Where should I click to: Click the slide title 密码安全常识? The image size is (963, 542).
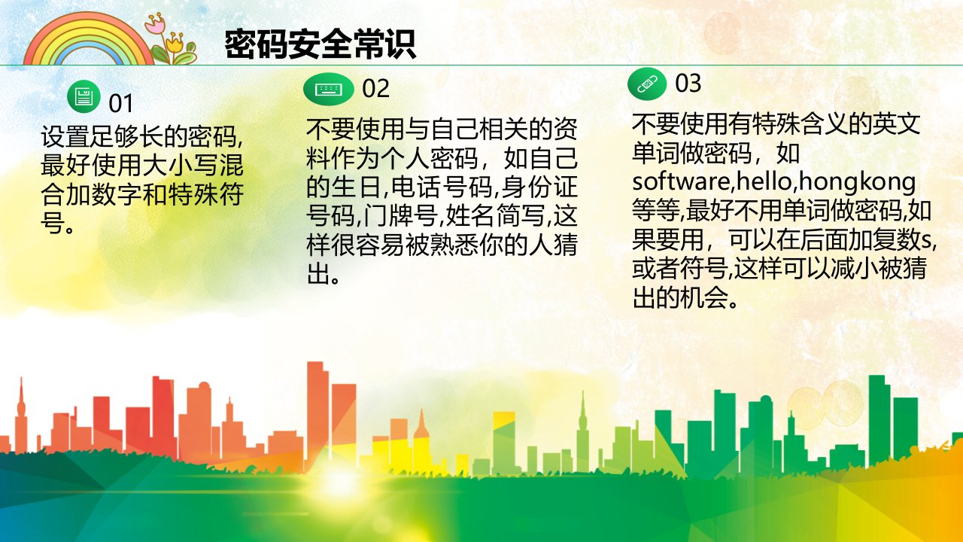(x=320, y=44)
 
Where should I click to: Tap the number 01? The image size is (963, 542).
(x=121, y=104)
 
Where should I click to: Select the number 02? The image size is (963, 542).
(x=375, y=89)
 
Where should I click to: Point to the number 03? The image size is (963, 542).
(x=688, y=83)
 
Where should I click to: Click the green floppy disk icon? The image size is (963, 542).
(x=84, y=96)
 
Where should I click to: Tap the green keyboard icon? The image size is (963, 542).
(x=329, y=89)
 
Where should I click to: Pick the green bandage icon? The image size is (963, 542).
(x=647, y=84)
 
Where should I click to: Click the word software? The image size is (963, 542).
(x=682, y=181)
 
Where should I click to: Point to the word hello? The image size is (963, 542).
(x=765, y=181)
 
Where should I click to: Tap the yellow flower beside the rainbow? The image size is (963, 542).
(x=175, y=42)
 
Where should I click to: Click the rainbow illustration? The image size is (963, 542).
(x=88, y=39)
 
